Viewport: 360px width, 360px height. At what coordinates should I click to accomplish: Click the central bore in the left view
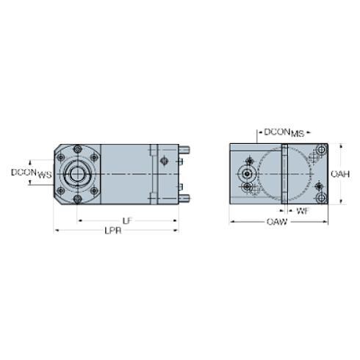pyautogui.click(x=76, y=174)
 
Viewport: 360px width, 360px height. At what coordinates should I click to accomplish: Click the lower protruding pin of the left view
pyautogui.click(x=184, y=196)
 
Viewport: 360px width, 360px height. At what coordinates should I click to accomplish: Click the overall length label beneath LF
pyautogui.click(x=114, y=231)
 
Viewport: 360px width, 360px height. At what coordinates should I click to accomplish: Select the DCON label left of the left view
pyautogui.click(x=30, y=173)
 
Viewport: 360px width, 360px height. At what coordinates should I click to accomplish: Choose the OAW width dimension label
pyautogui.click(x=276, y=221)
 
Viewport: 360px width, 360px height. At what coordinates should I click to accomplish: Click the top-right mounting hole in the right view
pyautogui.click(x=320, y=151)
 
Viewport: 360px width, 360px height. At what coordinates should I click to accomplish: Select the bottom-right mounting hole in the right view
pyautogui.click(x=320, y=198)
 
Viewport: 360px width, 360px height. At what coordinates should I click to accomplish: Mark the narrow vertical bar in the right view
pyautogui.click(x=284, y=175)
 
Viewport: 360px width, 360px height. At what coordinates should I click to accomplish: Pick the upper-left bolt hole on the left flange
pyautogui.click(x=61, y=158)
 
